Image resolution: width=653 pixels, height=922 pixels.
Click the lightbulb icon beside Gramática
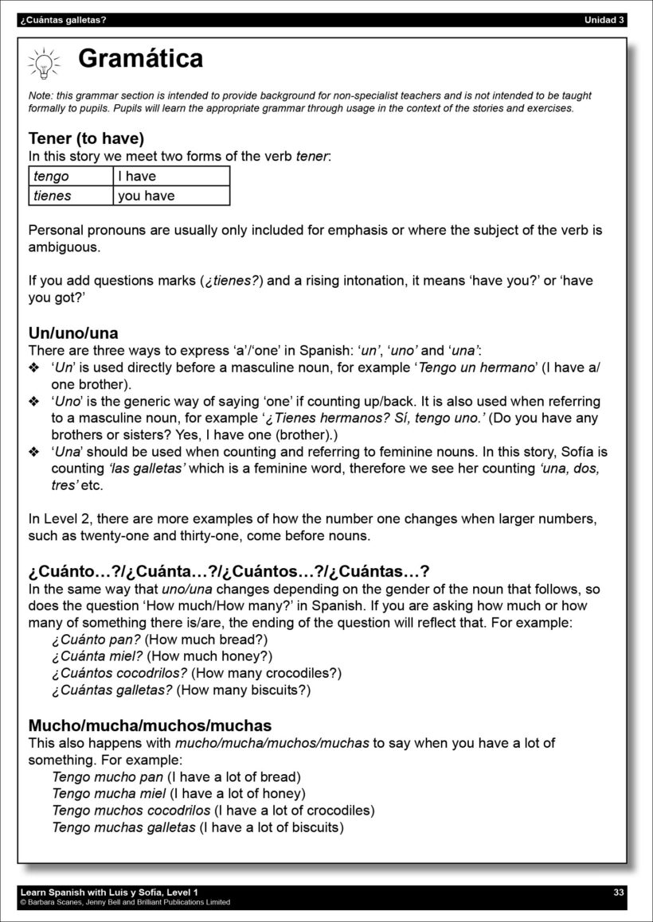[44, 62]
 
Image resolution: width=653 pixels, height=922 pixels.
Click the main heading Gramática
[140, 58]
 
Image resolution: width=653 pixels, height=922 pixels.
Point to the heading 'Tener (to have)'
[86, 138]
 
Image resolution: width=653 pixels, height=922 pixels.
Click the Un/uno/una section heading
[73, 333]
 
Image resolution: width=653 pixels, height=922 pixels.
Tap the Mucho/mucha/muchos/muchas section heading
[150, 726]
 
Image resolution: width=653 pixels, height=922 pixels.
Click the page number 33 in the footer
[619, 893]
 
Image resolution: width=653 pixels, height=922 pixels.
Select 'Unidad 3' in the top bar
[604, 20]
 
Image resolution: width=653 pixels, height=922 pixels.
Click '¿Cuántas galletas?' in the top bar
[64, 20]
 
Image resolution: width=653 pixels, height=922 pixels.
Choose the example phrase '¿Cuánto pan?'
[96, 640]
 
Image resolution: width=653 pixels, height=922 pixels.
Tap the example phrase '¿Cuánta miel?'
[97, 656]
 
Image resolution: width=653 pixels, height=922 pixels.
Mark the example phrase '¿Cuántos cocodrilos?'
[119, 673]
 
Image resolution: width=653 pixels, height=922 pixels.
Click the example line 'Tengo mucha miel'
[109, 793]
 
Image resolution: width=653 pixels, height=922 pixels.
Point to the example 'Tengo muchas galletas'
[123, 827]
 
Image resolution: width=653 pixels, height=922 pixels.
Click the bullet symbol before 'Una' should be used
[33, 452]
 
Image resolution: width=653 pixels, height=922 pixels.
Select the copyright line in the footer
[125, 902]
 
